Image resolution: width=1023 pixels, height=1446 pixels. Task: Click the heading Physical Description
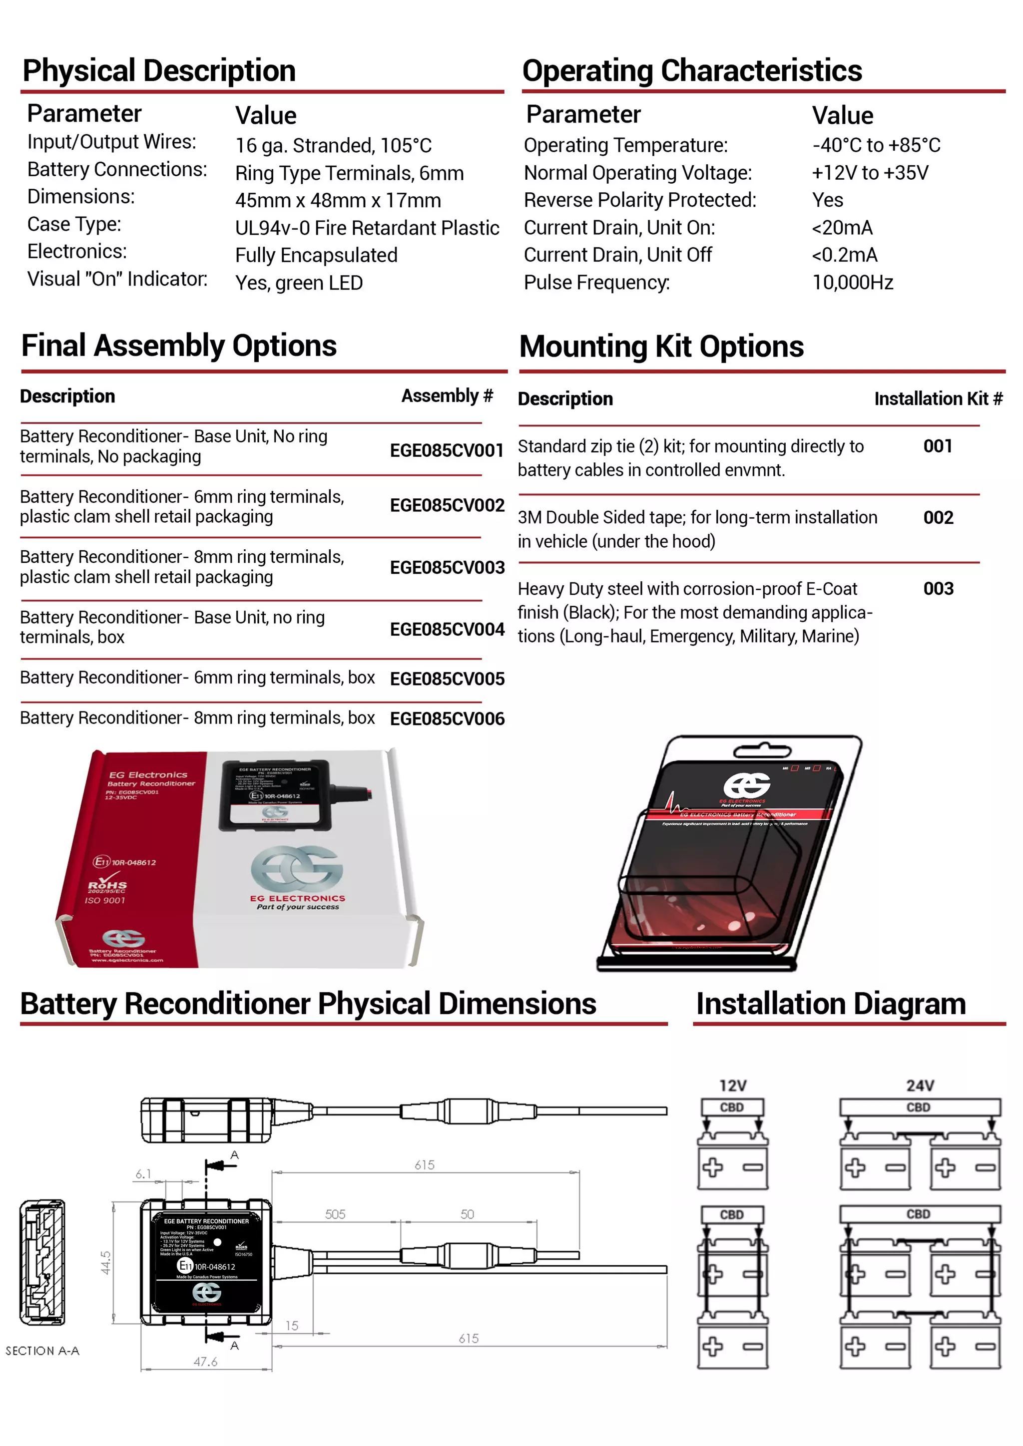coord(159,70)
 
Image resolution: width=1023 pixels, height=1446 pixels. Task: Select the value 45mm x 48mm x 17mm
coord(338,200)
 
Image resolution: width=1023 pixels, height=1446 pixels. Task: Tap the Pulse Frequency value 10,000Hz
coord(852,282)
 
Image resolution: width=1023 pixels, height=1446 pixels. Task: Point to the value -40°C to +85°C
coord(876,145)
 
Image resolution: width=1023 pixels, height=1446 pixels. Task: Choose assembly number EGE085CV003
coord(447,567)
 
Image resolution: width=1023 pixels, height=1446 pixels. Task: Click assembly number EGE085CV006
coord(447,719)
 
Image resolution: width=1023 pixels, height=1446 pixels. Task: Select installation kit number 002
coord(938,518)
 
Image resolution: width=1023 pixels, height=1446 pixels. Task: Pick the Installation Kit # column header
coord(938,398)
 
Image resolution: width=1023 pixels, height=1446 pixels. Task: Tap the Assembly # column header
coord(447,395)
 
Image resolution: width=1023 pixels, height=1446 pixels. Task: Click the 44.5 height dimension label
coord(106,1263)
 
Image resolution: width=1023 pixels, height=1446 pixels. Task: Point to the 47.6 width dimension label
coord(205,1362)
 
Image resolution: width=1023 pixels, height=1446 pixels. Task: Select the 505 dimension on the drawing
coord(335,1214)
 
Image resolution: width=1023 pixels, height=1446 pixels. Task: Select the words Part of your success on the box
coord(297,907)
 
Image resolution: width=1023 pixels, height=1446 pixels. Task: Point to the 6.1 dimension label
coord(144,1174)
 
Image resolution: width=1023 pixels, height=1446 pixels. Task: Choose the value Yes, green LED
coord(299,283)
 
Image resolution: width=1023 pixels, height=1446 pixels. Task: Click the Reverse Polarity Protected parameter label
coord(640,200)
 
